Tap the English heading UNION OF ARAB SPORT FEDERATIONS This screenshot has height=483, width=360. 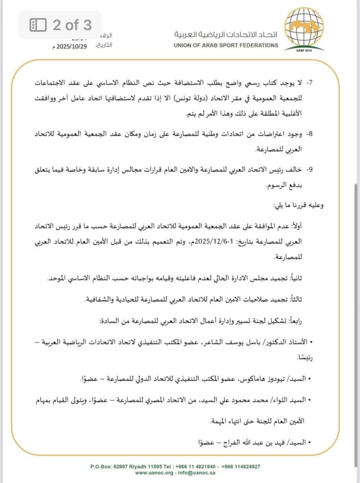click(226, 46)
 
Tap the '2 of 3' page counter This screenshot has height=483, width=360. click(72, 25)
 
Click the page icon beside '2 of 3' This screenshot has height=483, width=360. click(38, 25)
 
